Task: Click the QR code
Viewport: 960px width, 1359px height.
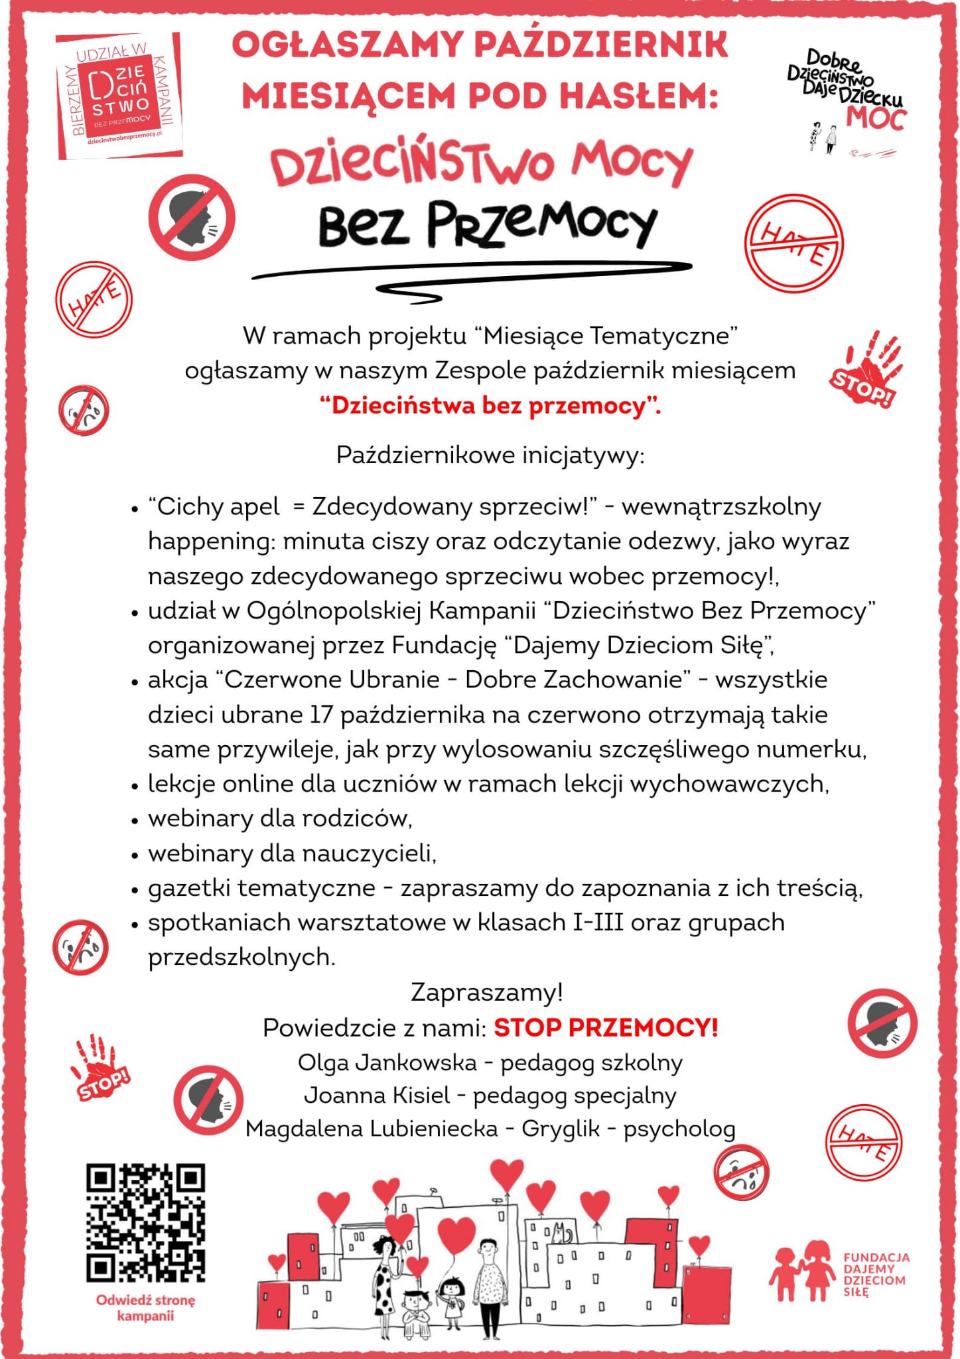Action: (x=145, y=1222)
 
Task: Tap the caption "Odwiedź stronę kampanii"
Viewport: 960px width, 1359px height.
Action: (x=145, y=1307)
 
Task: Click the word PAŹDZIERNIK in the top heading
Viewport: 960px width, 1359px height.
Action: (x=602, y=45)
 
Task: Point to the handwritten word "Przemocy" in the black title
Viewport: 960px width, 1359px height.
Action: (x=541, y=225)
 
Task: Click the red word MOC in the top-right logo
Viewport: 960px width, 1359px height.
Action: (x=876, y=119)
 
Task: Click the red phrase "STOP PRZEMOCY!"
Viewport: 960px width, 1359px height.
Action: (x=606, y=1027)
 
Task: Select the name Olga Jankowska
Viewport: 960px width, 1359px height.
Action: (x=387, y=1062)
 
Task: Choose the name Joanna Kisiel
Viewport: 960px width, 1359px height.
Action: (x=376, y=1095)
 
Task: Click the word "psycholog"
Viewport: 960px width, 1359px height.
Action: (x=679, y=1129)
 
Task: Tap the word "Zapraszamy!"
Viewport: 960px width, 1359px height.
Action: (x=487, y=992)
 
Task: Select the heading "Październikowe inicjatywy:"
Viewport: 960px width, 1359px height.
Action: (x=490, y=455)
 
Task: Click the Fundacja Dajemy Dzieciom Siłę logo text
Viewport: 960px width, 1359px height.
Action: (x=876, y=1275)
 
